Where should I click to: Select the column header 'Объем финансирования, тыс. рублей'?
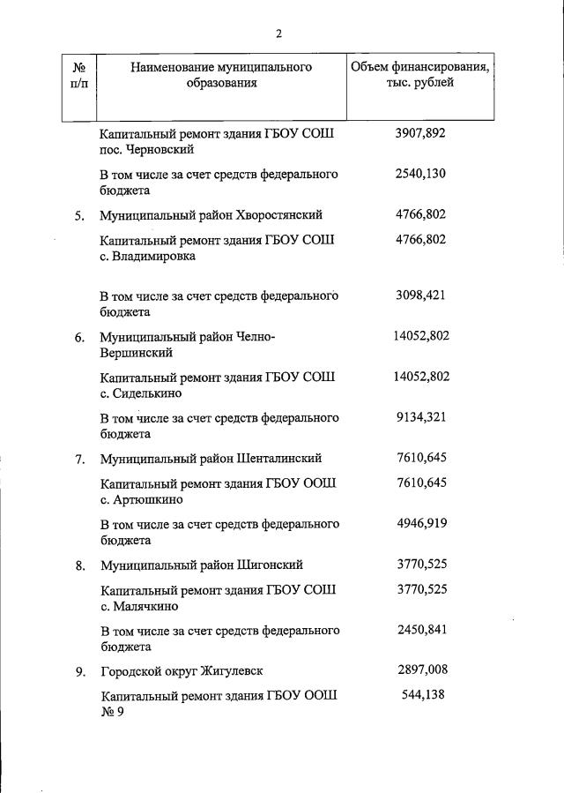tap(420, 75)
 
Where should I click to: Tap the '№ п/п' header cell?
tap(78, 75)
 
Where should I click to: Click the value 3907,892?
tap(421, 134)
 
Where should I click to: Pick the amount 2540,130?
tap(421, 174)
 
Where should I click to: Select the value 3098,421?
tap(421, 296)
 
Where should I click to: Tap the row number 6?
tap(79, 338)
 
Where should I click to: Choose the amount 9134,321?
tap(421, 417)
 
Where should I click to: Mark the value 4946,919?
tap(421, 524)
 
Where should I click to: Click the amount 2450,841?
tap(421, 631)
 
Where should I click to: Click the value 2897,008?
tap(421, 671)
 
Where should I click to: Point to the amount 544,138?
tap(421, 696)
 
